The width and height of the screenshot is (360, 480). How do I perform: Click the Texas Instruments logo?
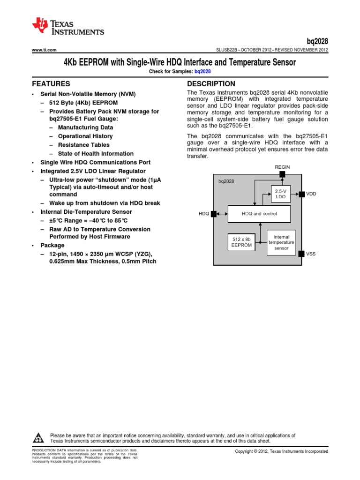tap(68, 27)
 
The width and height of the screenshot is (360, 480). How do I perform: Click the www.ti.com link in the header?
tap(44, 50)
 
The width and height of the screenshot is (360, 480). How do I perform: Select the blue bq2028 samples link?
tap(202, 71)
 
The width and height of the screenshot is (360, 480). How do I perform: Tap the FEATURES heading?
tap(51, 84)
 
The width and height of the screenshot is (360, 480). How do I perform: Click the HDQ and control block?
tap(259, 214)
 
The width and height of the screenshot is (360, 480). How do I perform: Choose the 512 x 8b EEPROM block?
tap(241, 242)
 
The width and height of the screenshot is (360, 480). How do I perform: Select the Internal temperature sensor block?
tap(281, 242)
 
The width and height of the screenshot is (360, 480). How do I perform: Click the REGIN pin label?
tap(282, 167)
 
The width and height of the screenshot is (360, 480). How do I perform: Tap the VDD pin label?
tap(311, 194)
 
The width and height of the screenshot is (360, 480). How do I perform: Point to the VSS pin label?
tap(311, 254)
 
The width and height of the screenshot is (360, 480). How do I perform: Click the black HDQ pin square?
tap(214, 214)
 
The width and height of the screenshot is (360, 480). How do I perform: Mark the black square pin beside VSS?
tap(301, 254)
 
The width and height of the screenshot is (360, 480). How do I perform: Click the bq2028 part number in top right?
tap(318, 41)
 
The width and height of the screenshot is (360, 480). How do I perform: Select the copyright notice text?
tap(281, 451)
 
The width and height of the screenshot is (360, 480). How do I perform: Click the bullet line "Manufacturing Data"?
tap(85, 127)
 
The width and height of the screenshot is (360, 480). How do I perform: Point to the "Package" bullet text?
tap(52, 245)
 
